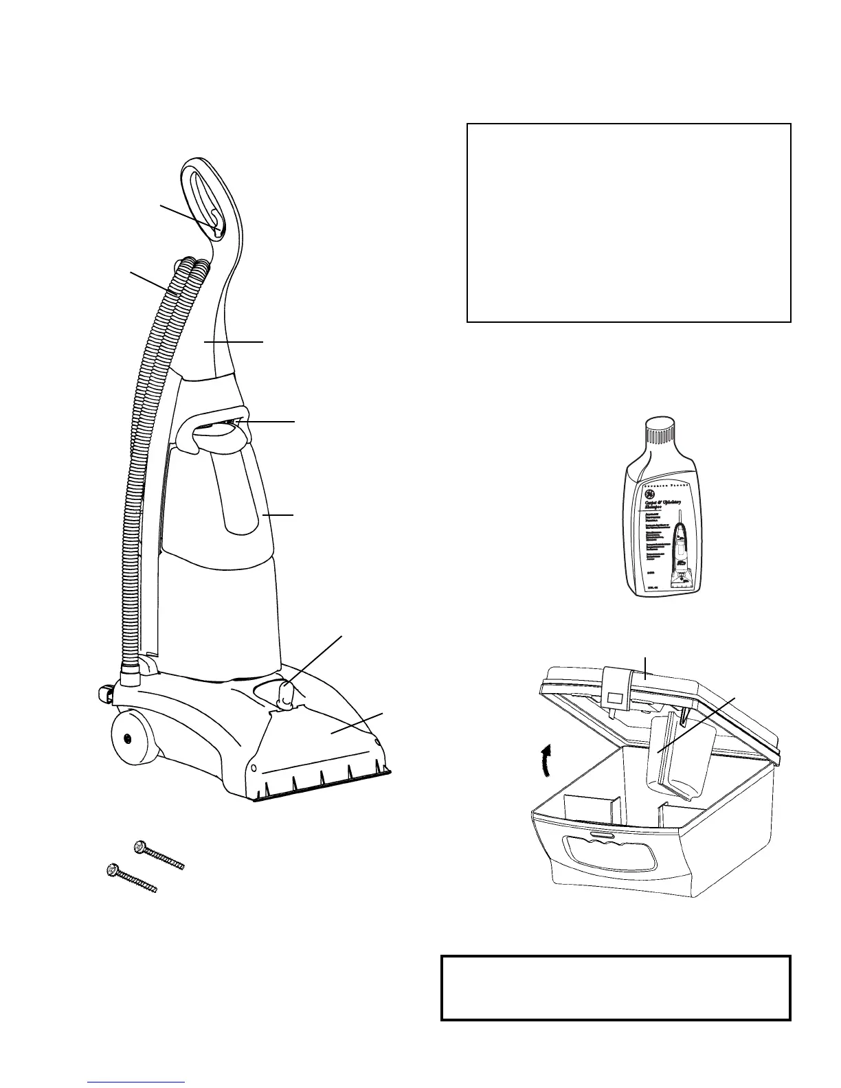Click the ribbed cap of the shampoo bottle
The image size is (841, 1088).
[660, 432]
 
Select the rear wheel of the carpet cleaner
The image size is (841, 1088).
[128, 738]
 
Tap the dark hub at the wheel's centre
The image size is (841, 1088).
[128, 738]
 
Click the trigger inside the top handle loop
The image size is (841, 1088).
[215, 223]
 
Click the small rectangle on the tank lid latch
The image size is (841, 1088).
[615, 698]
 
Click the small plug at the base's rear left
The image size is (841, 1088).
[104, 694]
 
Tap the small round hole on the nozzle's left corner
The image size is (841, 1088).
[255, 767]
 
